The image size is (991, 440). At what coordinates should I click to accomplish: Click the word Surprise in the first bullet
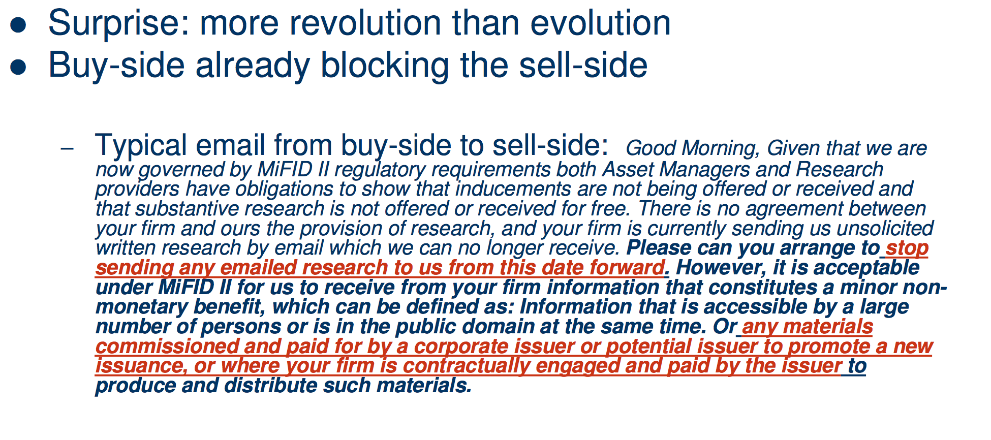[118, 24]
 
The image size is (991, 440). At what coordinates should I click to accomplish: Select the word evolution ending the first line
[600, 23]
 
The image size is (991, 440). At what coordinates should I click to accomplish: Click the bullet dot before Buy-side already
[18, 67]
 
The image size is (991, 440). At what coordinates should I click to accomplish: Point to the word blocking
[385, 66]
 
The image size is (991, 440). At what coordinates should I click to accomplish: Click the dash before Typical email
[67, 148]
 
